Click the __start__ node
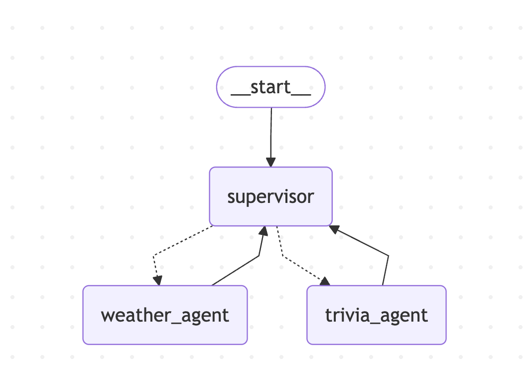271,87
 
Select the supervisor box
271,196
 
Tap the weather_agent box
165,315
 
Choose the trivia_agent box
376,315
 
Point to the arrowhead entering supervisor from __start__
271,162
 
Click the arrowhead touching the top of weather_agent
157,281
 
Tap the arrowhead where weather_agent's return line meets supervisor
264,231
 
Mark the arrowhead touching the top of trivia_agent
325,281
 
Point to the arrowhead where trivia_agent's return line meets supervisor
334,229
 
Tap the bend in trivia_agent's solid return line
388,255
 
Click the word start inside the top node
271,87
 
